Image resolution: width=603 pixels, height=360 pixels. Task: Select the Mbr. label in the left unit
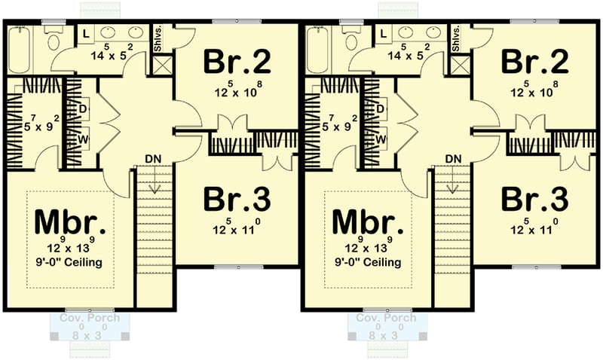[69, 223]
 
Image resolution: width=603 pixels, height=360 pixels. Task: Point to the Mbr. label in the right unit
[365, 223]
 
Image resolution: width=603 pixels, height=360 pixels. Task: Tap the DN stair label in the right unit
[452, 158]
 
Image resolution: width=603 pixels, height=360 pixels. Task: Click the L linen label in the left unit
[86, 33]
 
